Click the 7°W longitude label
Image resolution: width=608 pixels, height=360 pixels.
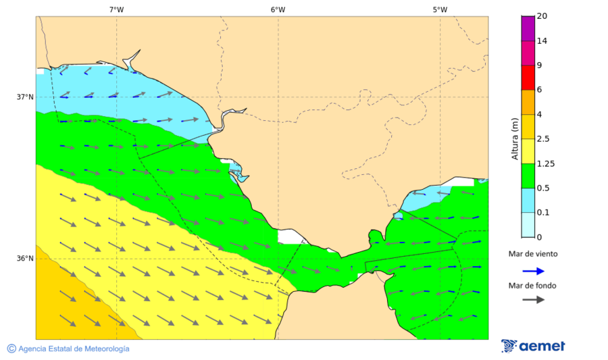(116, 9)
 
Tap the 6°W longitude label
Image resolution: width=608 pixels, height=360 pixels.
(278, 9)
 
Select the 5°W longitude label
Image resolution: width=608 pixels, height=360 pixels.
(440, 9)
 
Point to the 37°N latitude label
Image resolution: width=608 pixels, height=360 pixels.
(25, 97)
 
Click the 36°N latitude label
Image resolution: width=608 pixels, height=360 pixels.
(25, 258)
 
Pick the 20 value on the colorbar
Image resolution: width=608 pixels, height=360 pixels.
(542, 16)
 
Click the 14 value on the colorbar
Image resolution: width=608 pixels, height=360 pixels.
(542, 41)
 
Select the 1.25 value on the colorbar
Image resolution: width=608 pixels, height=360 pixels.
(545, 163)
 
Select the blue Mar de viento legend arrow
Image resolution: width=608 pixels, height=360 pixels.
(534, 271)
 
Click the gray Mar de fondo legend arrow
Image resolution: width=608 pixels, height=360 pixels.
(534, 299)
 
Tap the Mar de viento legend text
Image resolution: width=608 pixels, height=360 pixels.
(533, 254)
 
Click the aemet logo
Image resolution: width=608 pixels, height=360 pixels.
(534, 346)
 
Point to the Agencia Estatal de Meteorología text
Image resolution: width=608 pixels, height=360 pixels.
(74, 349)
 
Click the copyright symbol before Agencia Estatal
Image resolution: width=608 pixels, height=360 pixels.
(11, 349)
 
